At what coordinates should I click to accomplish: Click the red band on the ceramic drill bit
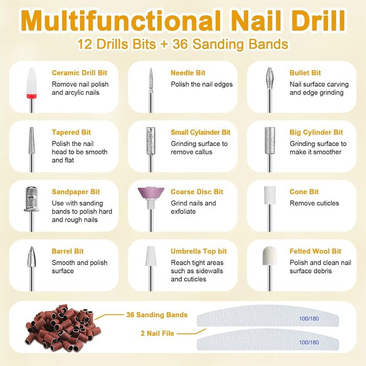click(x=31, y=96)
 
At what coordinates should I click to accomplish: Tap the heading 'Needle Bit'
click(x=188, y=73)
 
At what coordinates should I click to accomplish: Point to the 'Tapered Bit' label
click(x=71, y=132)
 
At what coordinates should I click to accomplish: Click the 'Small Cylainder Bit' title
click(x=200, y=132)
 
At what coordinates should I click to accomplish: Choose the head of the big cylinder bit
click(x=270, y=141)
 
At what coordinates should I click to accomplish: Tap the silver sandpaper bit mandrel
click(x=31, y=199)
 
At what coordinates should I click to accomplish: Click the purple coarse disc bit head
click(x=151, y=193)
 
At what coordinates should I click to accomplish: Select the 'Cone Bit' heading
click(x=304, y=192)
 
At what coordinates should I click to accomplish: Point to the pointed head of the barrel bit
click(x=31, y=257)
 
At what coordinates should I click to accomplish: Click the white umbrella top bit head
click(x=151, y=256)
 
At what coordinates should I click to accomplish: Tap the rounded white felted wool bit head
click(x=270, y=256)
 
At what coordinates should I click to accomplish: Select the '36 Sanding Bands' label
click(x=157, y=315)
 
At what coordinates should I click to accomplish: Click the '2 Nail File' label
click(x=157, y=334)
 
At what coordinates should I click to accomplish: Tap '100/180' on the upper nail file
click(x=309, y=318)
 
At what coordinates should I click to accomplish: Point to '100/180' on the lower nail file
click(x=309, y=342)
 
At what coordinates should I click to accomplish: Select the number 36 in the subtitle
click(x=180, y=44)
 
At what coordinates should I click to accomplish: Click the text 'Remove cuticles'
click(x=314, y=203)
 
